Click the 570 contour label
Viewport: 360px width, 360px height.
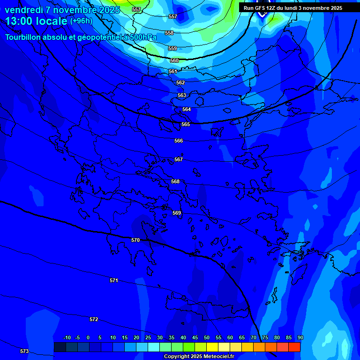point(135,240)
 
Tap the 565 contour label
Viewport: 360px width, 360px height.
point(186,124)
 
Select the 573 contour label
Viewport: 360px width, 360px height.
point(24,351)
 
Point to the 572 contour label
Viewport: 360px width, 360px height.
point(94,319)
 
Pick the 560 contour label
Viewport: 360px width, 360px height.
point(174,60)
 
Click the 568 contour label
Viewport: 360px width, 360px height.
point(175,181)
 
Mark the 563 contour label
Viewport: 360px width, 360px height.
point(182,95)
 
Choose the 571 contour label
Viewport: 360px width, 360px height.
point(114,280)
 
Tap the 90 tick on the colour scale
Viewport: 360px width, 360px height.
point(300,337)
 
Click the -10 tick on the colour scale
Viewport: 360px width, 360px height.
point(67,337)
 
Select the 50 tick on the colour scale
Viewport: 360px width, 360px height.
point(206,337)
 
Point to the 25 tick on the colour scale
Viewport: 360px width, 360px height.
point(148,337)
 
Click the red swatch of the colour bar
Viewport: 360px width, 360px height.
point(294,347)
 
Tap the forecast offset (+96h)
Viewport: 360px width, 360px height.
point(81,21)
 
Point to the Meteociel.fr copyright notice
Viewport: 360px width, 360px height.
point(199,357)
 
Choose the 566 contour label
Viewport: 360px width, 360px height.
point(179,141)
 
